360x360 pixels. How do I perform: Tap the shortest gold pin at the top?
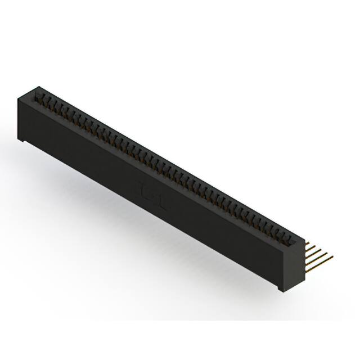coord(308,243)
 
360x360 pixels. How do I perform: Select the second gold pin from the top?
coord(311,247)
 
